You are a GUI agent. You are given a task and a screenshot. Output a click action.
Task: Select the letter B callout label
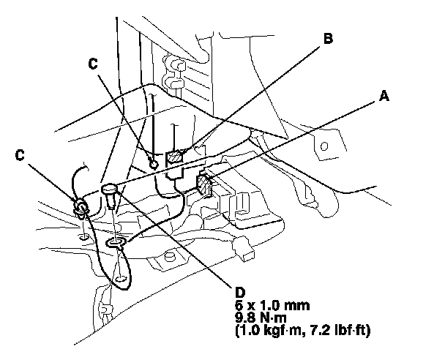pyautogui.click(x=329, y=40)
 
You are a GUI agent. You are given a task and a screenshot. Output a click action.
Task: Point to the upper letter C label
pyautogui.click(x=92, y=63)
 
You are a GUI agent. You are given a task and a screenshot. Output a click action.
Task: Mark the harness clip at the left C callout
pyautogui.click(x=80, y=207)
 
